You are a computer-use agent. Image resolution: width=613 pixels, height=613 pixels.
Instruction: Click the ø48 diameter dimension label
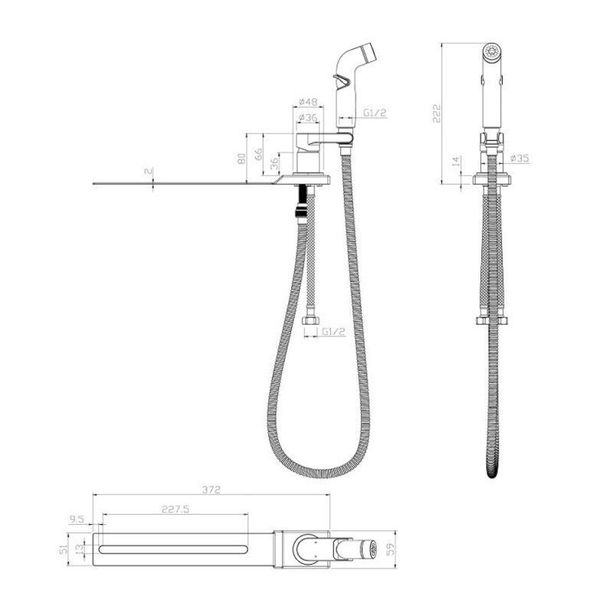pos(308,102)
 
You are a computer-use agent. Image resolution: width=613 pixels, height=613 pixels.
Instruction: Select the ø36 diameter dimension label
pos(308,117)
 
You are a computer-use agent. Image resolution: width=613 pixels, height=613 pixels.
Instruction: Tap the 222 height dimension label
pos(437,113)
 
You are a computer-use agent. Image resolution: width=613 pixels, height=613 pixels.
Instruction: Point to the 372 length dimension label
pos(211,490)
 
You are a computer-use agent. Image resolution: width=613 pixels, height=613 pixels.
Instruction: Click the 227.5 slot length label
pos(175,509)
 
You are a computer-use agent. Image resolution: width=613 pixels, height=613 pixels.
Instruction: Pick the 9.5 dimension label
pos(76,520)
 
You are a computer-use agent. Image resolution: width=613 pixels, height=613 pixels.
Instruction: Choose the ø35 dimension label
pos(520,158)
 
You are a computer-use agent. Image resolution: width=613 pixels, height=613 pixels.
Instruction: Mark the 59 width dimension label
pos(390,549)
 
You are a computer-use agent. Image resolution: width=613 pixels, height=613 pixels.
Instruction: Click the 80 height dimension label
pos(241,158)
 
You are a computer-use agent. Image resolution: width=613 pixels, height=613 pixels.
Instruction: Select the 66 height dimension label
pos(258,154)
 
